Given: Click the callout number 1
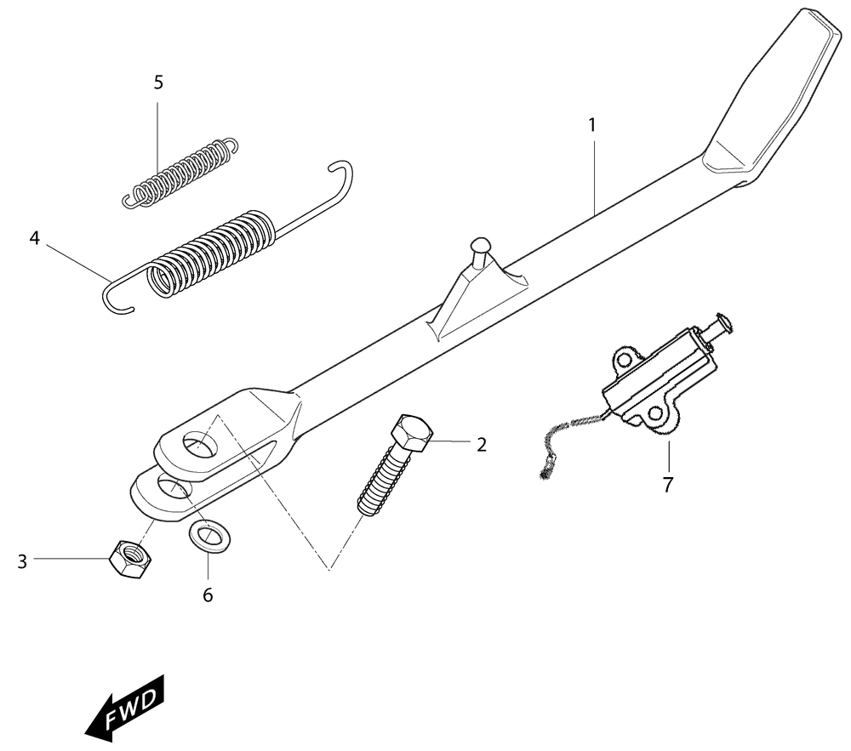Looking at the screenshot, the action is click(x=592, y=125).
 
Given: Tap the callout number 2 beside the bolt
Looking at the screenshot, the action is click(x=482, y=445).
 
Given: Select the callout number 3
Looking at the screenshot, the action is click(x=22, y=561).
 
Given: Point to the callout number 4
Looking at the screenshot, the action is click(x=35, y=238).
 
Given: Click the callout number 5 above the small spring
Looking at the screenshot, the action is click(x=158, y=82).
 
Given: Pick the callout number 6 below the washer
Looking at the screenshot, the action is click(x=208, y=595).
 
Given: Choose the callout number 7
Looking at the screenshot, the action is click(x=667, y=484).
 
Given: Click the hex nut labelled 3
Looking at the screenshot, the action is click(x=130, y=559).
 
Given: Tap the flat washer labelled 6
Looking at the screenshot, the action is click(x=209, y=535).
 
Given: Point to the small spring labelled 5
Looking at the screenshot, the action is click(x=180, y=174).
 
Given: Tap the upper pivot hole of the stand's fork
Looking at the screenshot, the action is click(x=199, y=445).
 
